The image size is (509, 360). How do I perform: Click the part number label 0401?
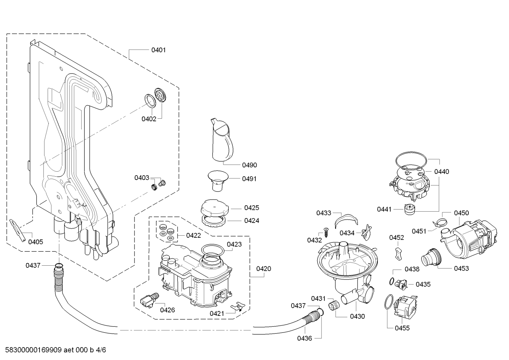[158, 50]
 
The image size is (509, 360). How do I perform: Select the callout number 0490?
[250, 165]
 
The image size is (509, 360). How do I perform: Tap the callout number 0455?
[402, 328]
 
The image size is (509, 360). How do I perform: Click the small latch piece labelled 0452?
[399, 253]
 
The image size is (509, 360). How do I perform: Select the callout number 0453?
[461, 268]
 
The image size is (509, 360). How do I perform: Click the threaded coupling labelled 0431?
[333, 304]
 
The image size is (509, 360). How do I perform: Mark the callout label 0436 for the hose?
[304, 338]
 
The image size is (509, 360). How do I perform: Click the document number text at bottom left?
[53, 350]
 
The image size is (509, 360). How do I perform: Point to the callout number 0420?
[264, 269]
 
